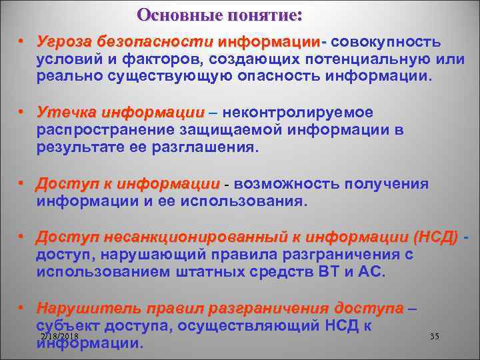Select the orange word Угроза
[x=64, y=43]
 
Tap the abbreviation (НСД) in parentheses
[x=435, y=237]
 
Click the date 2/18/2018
[x=59, y=337]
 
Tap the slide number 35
[x=435, y=337]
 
